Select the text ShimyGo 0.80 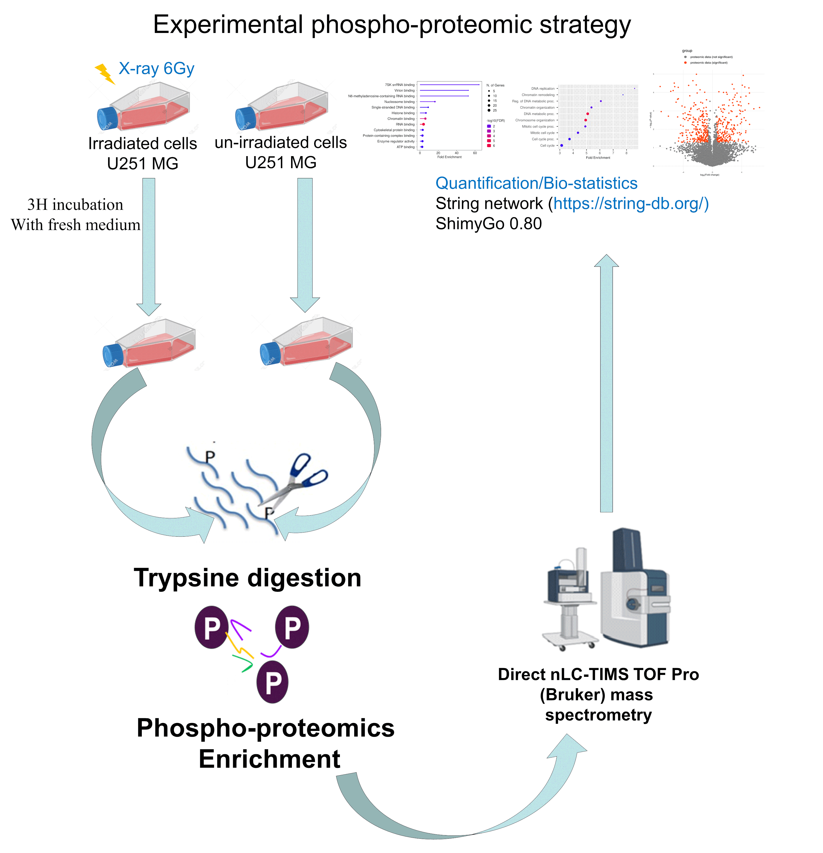[488, 224]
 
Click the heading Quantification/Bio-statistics [536, 183]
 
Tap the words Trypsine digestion [247, 578]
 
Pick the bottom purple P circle [272, 682]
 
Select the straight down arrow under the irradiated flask [149, 244]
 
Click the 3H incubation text [75, 205]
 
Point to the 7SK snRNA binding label [399, 85]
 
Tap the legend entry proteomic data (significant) [708, 63]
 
